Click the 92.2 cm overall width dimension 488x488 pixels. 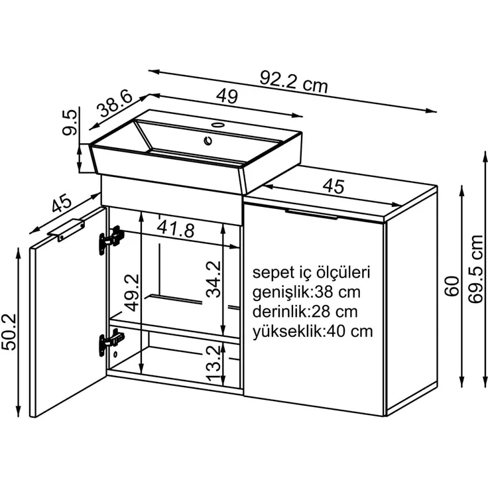[x=294, y=82]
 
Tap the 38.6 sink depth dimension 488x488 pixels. [x=114, y=104]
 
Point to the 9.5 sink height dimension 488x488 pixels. [x=69, y=122]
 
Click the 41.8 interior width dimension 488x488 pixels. [x=176, y=229]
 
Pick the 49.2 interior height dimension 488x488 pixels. [x=132, y=292]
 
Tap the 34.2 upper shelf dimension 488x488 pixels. [x=213, y=279]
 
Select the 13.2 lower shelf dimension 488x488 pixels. [x=213, y=364]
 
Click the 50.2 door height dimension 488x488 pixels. [x=9, y=332]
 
